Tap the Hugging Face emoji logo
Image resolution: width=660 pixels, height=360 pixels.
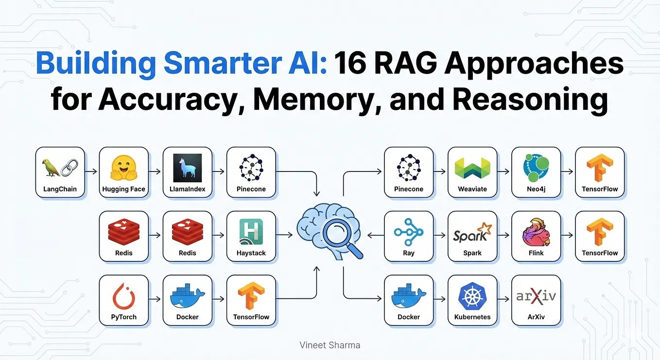click(x=124, y=168)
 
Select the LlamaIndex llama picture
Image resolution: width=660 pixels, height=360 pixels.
click(x=188, y=168)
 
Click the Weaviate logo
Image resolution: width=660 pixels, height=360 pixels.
click(x=472, y=168)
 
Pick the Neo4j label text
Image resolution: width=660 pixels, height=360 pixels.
click(x=536, y=189)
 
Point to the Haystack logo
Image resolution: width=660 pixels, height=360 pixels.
click(x=251, y=232)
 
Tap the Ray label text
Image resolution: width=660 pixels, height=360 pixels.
click(x=409, y=253)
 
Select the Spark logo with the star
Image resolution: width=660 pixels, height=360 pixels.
click(x=472, y=232)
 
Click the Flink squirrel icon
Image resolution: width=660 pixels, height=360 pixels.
click(x=536, y=232)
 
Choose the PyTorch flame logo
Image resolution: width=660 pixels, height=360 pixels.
click(x=124, y=296)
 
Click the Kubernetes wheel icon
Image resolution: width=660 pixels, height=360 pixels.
click(x=472, y=296)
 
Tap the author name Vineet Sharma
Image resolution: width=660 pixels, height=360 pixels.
click(x=330, y=345)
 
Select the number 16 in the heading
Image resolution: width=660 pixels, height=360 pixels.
click(x=350, y=63)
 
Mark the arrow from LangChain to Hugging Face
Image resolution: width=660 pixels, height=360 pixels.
click(x=91, y=171)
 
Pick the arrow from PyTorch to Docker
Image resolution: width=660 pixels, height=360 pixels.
click(x=155, y=299)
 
